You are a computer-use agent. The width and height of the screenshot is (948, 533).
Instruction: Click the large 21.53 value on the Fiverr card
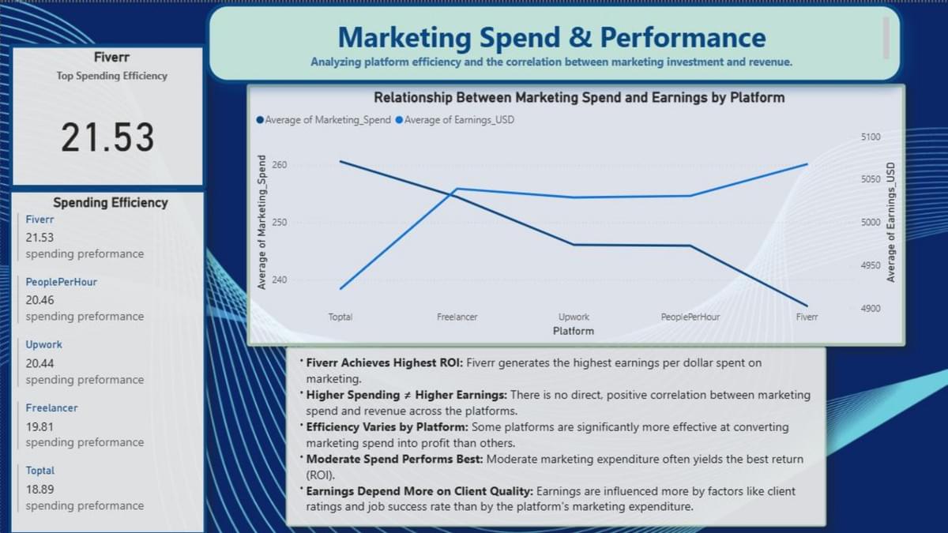(107, 137)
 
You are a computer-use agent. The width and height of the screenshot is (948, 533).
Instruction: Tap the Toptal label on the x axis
(340, 317)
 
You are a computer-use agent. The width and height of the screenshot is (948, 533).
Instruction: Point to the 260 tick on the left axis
(280, 164)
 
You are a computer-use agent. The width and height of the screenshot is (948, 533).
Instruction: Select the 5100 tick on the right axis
(871, 137)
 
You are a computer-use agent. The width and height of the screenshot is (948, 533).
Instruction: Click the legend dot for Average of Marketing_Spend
(260, 120)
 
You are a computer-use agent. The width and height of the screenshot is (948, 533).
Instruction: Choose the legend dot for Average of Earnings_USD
(399, 120)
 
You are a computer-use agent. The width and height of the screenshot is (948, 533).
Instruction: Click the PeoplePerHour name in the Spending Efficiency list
(62, 282)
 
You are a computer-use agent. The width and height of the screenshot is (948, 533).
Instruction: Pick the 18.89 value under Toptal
(39, 490)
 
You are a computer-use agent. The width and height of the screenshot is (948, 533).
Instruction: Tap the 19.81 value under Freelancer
(39, 427)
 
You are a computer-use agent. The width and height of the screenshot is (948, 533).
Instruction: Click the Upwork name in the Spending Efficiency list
(44, 345)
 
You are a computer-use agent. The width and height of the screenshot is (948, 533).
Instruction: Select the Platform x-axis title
(574, 331)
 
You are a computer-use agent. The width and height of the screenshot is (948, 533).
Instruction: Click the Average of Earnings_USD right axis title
(891, 223)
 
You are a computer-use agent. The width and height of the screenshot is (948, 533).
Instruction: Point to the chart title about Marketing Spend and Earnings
(579, 98)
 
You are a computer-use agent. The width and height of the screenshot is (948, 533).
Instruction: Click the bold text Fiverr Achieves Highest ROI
(384, 363)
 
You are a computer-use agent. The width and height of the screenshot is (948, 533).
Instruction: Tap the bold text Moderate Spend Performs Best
(394, 460)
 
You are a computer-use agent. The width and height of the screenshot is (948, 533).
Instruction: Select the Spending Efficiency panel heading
(111, 203)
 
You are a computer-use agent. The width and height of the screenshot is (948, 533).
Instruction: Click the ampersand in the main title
(580, 37)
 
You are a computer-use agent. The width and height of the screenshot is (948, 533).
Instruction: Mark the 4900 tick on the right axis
(871, 309)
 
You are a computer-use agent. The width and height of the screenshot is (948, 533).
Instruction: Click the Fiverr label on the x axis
(807, 317)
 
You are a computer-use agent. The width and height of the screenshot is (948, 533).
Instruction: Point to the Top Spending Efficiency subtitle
(112, 76)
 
